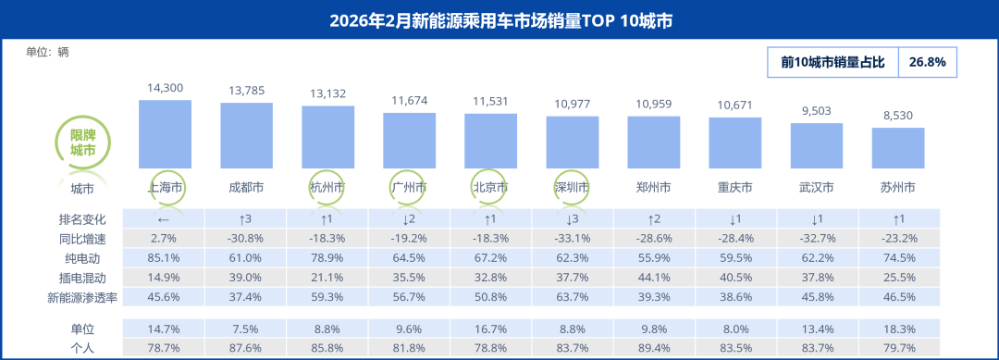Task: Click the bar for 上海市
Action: pos(165,134)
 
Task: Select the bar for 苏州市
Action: pos(898,148)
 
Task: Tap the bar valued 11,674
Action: pos(410,141)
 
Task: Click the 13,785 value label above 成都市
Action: pos(246,90)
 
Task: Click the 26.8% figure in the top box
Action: pos(927,62)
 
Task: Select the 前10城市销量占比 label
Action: pos(832,62)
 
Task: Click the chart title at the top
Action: pos(500,19)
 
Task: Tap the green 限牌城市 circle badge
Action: pos(82,142)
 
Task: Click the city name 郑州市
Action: pos(654,188)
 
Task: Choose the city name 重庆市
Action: pos(735,188)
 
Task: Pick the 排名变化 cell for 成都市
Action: pos(246,219)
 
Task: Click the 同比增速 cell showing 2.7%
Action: pos(165,239)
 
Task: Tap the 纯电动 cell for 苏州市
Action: pos(898,258)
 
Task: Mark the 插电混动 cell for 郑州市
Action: pos(654,278)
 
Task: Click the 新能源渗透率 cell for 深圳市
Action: pos(573,297)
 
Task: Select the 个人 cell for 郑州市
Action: pos(654,347)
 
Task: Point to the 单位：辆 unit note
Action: pos(48,52)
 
